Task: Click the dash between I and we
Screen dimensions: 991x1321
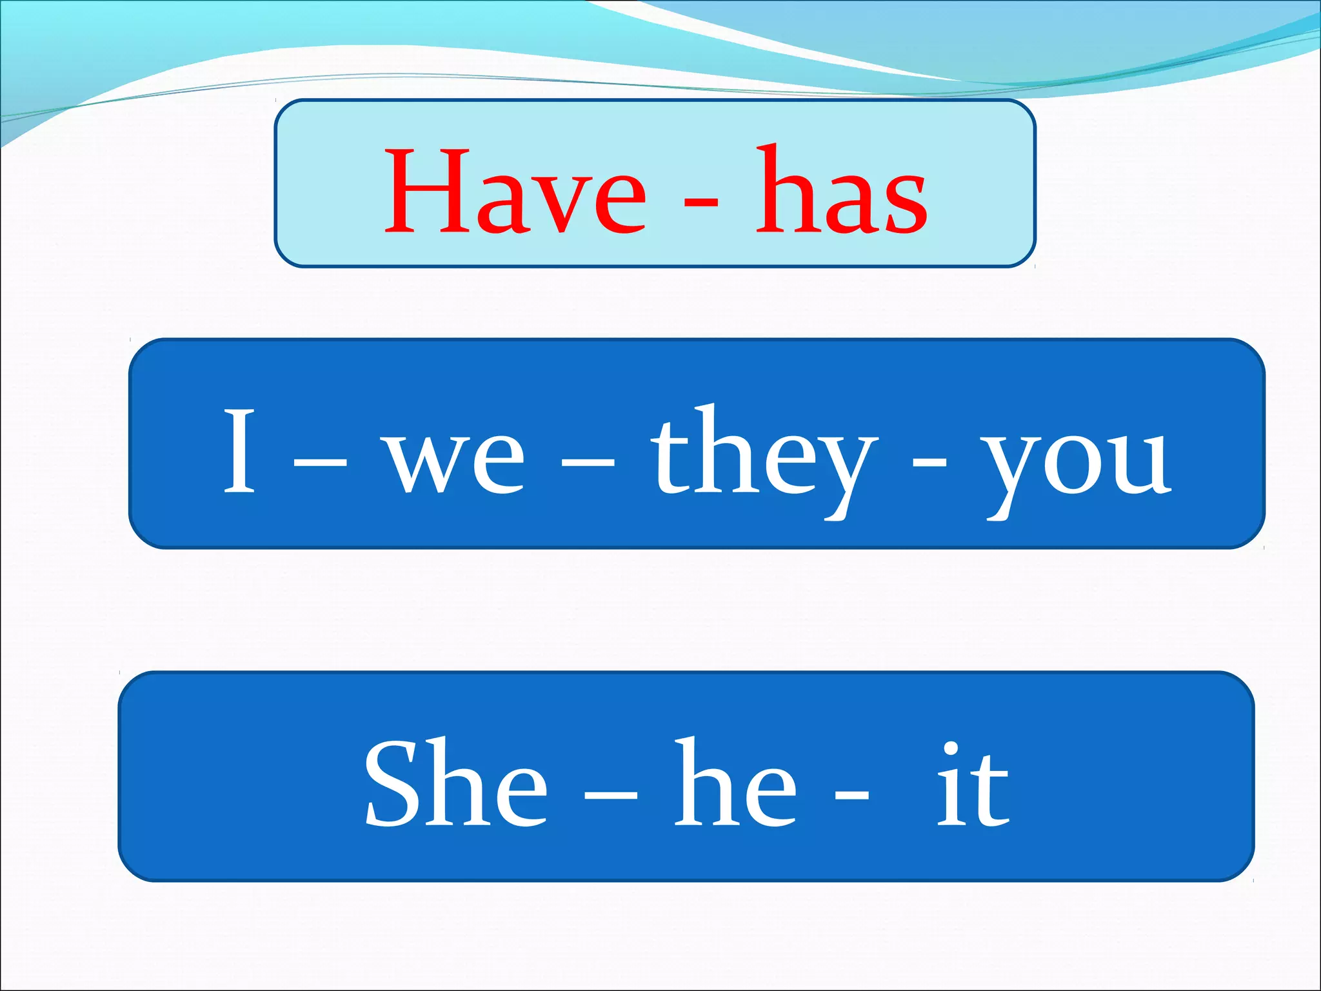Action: [x=320, y=463]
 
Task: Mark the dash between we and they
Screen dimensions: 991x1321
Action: [x=588, y=463]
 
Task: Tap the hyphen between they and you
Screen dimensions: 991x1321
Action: [x=929, y=463]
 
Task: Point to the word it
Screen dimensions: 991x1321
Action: [x=973, y=786]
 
